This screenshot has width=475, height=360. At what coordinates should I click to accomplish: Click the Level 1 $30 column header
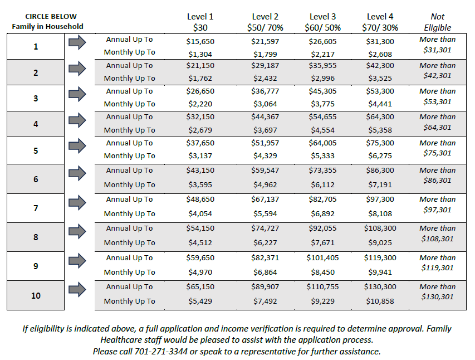[200, 22]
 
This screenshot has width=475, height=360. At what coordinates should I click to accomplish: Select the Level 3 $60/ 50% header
[322, 22]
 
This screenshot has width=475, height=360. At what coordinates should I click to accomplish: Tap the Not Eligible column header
[438, 22]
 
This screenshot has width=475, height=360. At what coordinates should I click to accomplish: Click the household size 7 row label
[36, 208]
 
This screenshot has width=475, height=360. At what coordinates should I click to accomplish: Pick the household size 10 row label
[36, 295]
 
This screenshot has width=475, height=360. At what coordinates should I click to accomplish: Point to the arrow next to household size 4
[77, 120]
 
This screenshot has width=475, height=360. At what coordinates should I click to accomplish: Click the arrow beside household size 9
[77, 260]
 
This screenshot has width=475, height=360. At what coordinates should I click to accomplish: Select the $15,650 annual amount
[200, 42]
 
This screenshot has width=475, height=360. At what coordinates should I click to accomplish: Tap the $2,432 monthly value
[265, 78]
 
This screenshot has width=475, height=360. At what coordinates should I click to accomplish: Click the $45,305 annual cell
[322, 91]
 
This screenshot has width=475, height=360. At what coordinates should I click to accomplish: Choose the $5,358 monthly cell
[380, 130]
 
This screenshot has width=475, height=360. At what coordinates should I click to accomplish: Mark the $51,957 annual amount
[265, 143]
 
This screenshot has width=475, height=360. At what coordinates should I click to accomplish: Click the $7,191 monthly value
[380, 184]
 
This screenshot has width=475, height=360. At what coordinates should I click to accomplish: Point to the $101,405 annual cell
[322, 258]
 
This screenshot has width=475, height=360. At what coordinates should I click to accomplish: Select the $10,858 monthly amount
[380, 301]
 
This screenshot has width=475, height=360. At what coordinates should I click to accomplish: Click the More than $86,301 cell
[438, 176]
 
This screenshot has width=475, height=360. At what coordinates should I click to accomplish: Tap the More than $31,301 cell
[438, 45]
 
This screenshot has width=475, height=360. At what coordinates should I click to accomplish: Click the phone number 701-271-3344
[161, 351]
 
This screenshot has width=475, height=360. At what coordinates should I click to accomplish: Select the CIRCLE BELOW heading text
[51, 16]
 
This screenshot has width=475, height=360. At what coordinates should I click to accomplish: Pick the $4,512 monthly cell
[200, 242]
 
